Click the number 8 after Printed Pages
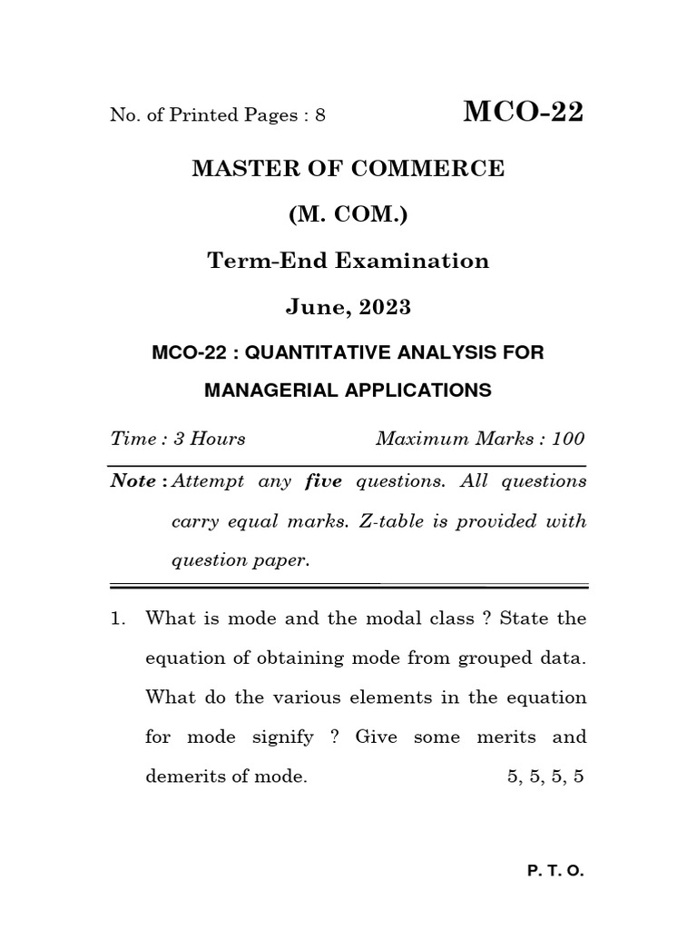[319, 115]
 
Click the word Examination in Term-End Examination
[415, 261]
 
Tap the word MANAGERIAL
[272, 391]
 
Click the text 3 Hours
[210, 439]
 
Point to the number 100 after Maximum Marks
[567, 439]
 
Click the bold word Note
[133, 481]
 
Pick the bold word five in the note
[323, 481]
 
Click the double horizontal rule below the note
[348, 584]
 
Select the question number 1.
[115, 618]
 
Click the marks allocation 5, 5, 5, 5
[545, 777]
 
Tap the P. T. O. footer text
[555, 870]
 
